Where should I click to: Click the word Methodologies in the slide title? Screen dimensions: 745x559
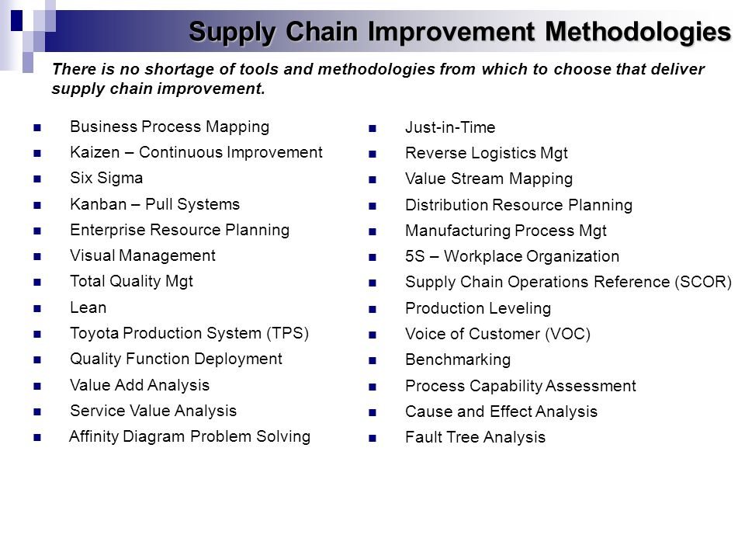(x=638, y=33)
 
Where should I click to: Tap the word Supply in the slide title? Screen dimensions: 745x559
(x=232, y=33)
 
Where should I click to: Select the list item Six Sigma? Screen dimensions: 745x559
(x=106, y=178)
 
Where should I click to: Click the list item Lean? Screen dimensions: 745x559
(x=88, y=307)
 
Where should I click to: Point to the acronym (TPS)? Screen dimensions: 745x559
(x=287, y=333)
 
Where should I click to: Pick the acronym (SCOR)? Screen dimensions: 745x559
(x=703, y=282)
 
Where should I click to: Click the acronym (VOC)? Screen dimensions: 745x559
(x=568, y=334)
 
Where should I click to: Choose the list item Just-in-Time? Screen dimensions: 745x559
(x=450, y=127)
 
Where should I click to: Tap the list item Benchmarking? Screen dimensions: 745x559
(x=458, y=359)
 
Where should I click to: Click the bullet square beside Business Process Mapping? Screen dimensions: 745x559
(x=37, y=127)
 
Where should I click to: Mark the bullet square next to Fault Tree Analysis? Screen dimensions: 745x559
(x=372, y=438)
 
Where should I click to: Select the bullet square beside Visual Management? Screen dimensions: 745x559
(x=37, y=257)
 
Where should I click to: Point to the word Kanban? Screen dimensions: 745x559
(x=99, y=204)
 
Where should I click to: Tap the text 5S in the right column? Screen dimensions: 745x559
(x=414, y=256)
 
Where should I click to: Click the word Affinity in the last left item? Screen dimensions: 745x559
(x=93, y=436)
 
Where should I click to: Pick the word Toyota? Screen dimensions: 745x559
(x=95, y=333)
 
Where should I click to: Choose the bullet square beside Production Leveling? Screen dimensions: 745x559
(x=372, y=310)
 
